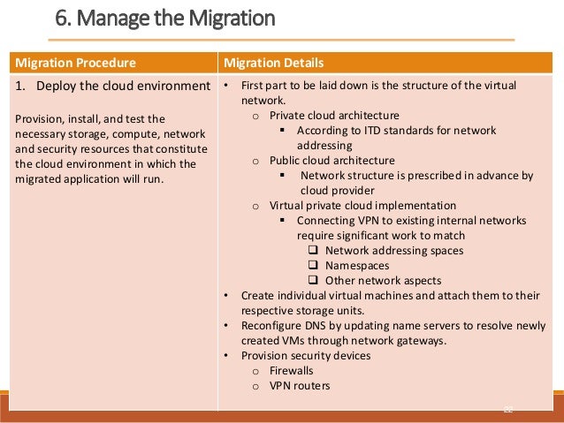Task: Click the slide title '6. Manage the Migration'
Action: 165,17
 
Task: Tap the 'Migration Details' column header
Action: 273,63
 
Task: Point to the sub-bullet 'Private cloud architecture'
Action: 334,115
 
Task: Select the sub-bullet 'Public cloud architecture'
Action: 332,161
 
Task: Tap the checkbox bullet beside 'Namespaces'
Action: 313,265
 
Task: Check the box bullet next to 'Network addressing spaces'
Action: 313,250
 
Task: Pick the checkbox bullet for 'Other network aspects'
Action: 313,280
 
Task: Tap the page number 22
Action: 507,408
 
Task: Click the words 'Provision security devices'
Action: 306,356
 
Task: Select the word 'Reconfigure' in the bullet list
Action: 274,326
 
